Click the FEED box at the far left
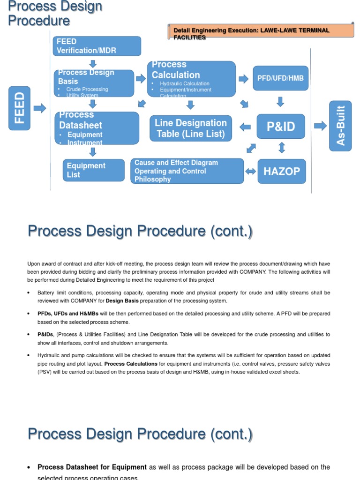coord(19,108)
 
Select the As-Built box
coord(340,126)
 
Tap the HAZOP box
coord(281,171)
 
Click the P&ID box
coord(280,126)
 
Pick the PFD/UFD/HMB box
coord(280,78)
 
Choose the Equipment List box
coord(94,170)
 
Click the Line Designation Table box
coord(190,128)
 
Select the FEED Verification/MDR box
coord(97,46)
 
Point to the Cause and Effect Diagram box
coord(187,171)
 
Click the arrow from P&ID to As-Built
coord(321,126)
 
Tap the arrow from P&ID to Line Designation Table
coord(245,127)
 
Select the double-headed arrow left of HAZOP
coord(251,172)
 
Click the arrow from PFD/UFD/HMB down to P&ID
coord(280,102)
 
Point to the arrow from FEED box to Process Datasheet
coord(40,108)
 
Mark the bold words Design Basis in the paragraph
coord(122,301)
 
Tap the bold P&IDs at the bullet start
coord(45,335)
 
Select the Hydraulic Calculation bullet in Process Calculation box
coord(184,84)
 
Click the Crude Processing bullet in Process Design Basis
coord(87,89)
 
